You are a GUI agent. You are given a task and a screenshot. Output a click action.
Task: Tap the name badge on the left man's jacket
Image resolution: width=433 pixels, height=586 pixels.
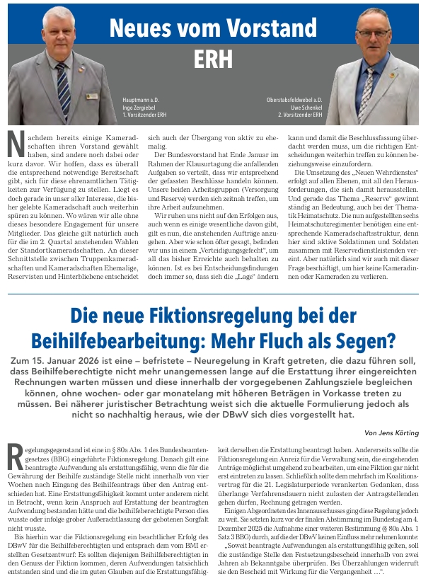[91, 96]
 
